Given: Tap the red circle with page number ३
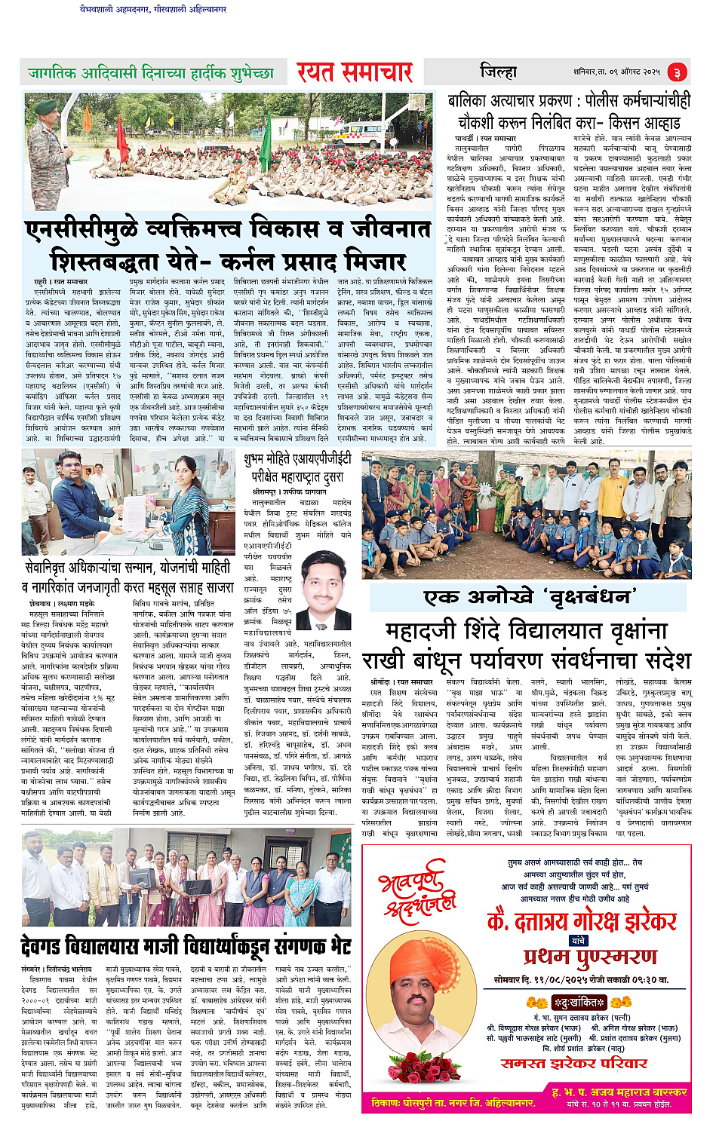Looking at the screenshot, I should pos(677,72).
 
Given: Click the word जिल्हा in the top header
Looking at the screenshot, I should pos(499,72).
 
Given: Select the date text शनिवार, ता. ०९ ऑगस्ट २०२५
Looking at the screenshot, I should pos(616,72).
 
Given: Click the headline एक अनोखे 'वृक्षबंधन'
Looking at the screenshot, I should pos(527,597).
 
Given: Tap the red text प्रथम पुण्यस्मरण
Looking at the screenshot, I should pos(590,957).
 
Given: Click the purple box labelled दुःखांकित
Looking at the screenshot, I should pos(578,1002).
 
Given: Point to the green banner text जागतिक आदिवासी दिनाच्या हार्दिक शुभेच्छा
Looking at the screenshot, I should pos(150,73).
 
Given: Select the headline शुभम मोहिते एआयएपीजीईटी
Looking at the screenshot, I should pos(297,458).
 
